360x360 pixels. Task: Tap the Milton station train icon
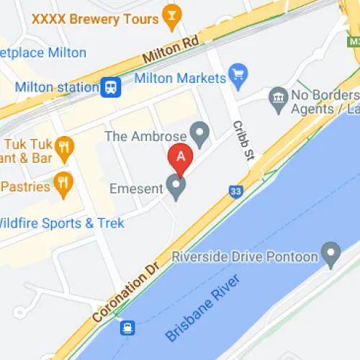(111, 87)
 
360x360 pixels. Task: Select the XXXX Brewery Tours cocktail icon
(171, 17)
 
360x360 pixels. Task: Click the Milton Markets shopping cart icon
(238, 73)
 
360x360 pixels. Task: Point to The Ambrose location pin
(199, 132)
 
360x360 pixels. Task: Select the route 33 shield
(235, 192)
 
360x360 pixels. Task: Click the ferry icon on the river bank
(128, 328)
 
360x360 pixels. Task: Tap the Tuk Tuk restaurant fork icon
(65, 148)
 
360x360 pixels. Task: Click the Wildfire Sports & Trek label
(61, 223)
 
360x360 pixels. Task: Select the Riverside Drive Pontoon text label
(246, 256)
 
